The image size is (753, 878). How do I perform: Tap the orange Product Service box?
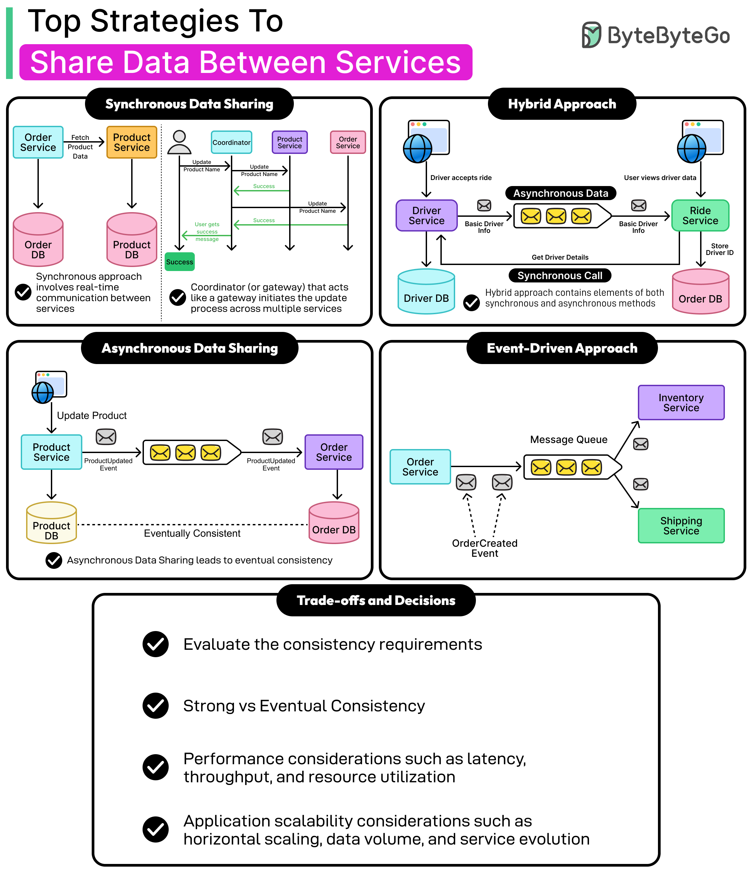(132, 143)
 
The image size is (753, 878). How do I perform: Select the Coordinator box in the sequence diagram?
(231, 143)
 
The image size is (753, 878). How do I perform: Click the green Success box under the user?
(180, 262)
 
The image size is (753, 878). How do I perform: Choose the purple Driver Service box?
(426, 216)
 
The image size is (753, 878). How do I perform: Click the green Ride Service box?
(700, 216)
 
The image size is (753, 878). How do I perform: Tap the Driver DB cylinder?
(426, 292)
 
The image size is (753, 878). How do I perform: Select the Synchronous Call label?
(560, 275)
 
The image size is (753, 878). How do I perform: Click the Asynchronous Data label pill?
(561, 193)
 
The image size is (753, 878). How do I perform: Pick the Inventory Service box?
(681, 403)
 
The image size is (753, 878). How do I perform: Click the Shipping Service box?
(681, 525)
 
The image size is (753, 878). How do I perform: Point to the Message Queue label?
(569, 439)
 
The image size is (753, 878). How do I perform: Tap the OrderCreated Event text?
(485, 548)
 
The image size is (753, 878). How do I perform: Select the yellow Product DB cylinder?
(52, 523)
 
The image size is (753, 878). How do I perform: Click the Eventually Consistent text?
(192, 533)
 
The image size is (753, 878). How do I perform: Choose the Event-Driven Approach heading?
(562, 348)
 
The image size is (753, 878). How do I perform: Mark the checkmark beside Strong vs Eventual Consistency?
(156, 706)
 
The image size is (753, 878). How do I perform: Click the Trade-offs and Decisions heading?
(376, 601)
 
